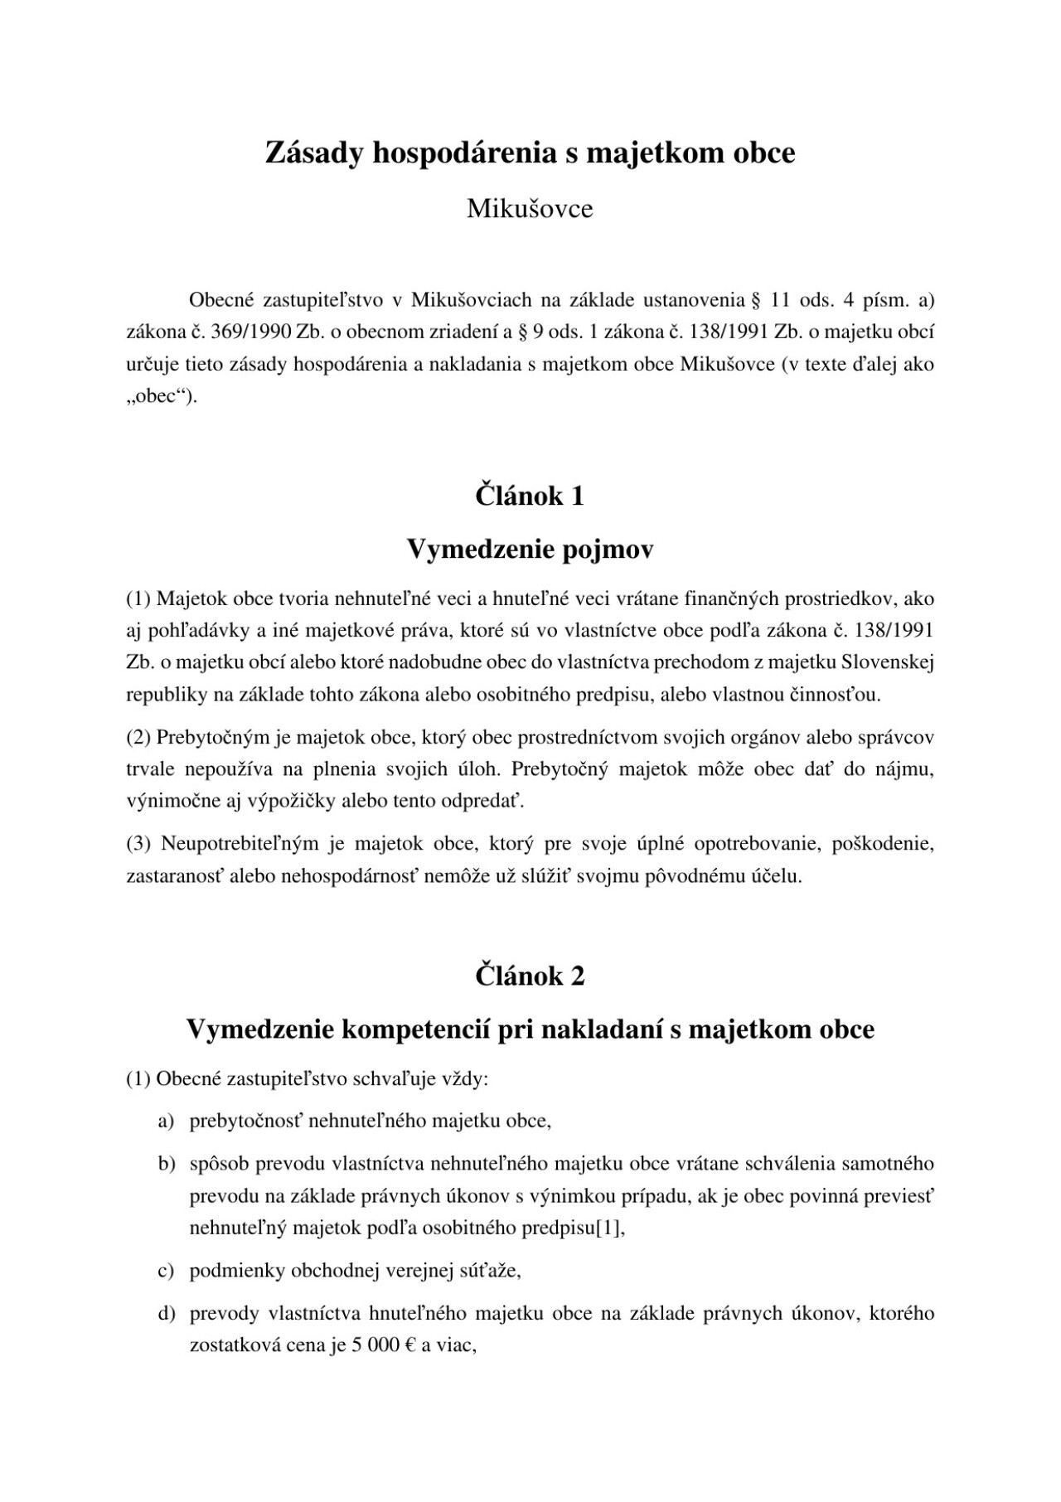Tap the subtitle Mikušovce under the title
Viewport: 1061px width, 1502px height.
coord(530,209)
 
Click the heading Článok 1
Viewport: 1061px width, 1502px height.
coord(530,496)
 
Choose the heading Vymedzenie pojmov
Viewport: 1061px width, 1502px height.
coord(530,549)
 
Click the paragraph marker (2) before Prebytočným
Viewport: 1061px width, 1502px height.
coord(138,737)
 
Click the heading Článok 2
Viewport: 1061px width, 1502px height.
coord(530,976)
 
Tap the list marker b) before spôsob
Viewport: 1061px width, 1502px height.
coord(167,1164)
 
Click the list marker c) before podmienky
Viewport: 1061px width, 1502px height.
coord(167,1271)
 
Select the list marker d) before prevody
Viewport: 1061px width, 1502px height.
coord(167,1314)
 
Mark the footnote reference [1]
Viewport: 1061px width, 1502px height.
coord(609,1228)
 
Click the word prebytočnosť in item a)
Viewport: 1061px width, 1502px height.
coord(246,1122)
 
